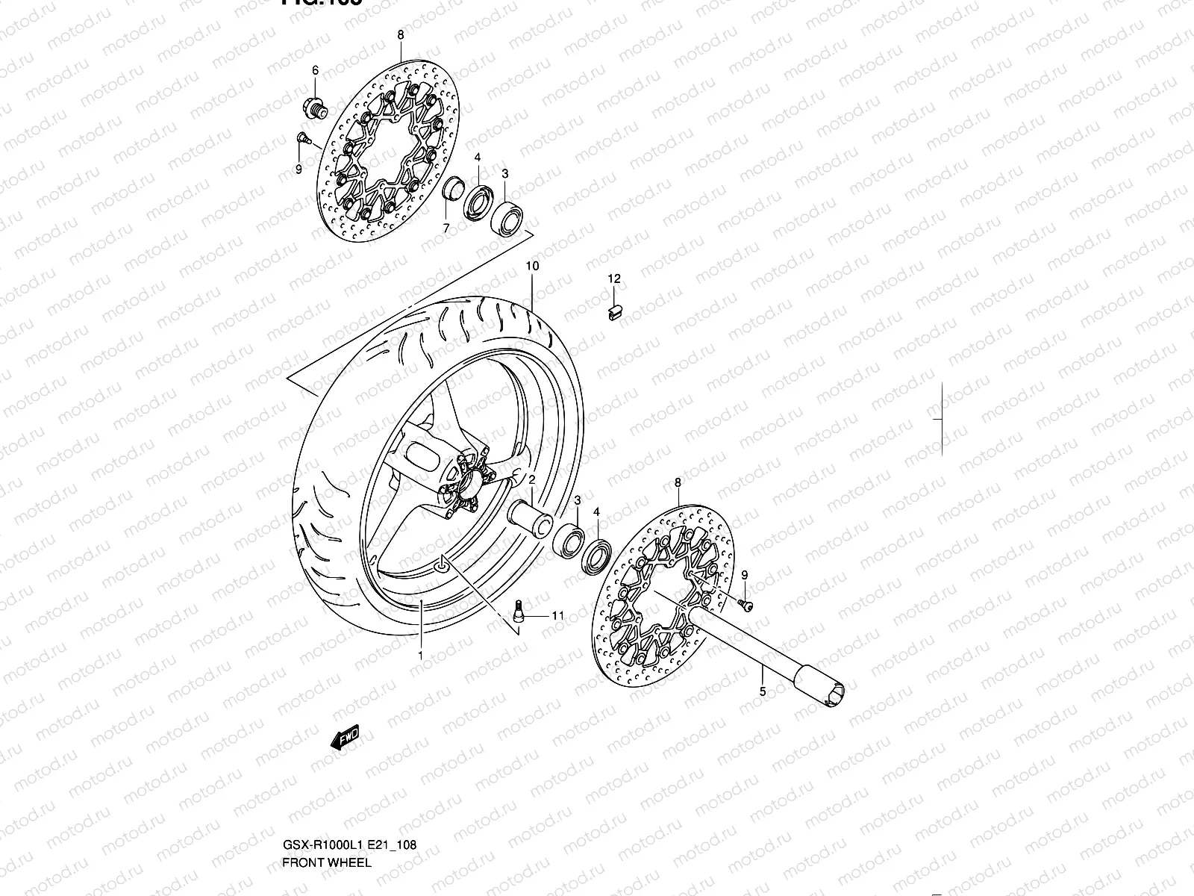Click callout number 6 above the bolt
tap(315, 70)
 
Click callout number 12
tap(613, 279)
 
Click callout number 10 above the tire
tap(532, 266)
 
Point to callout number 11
tap(557, 616)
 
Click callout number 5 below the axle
tap(762, 691)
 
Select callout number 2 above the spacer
tap(533, 479)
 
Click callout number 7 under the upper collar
tap(446, 228)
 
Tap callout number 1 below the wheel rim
tap(420, 655)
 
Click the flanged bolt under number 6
tap(315, 108)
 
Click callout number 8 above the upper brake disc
tap(400, 35)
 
